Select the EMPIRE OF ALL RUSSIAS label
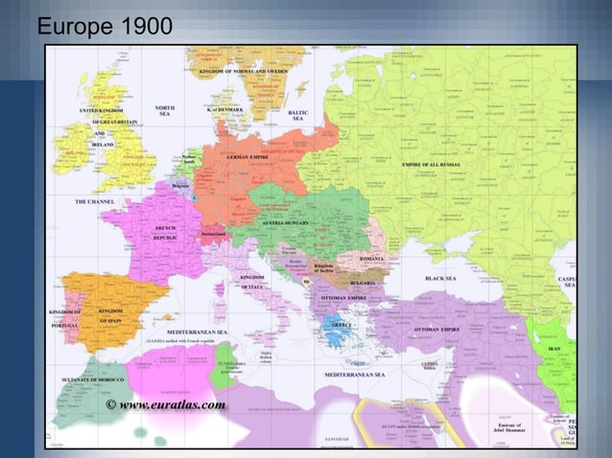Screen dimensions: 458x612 (x=431, y=165)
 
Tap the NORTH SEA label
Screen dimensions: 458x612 (x=165, y=111)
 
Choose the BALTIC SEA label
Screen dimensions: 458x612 (x=297, y=115)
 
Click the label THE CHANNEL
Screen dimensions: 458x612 (x=95, y=202)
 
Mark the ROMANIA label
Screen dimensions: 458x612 (x=371, y=259)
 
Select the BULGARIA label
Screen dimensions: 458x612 (x=362, y=284)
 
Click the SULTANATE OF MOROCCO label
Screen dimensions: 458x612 (x=80, y=380)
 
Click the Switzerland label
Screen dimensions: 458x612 (x=214, y=234)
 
